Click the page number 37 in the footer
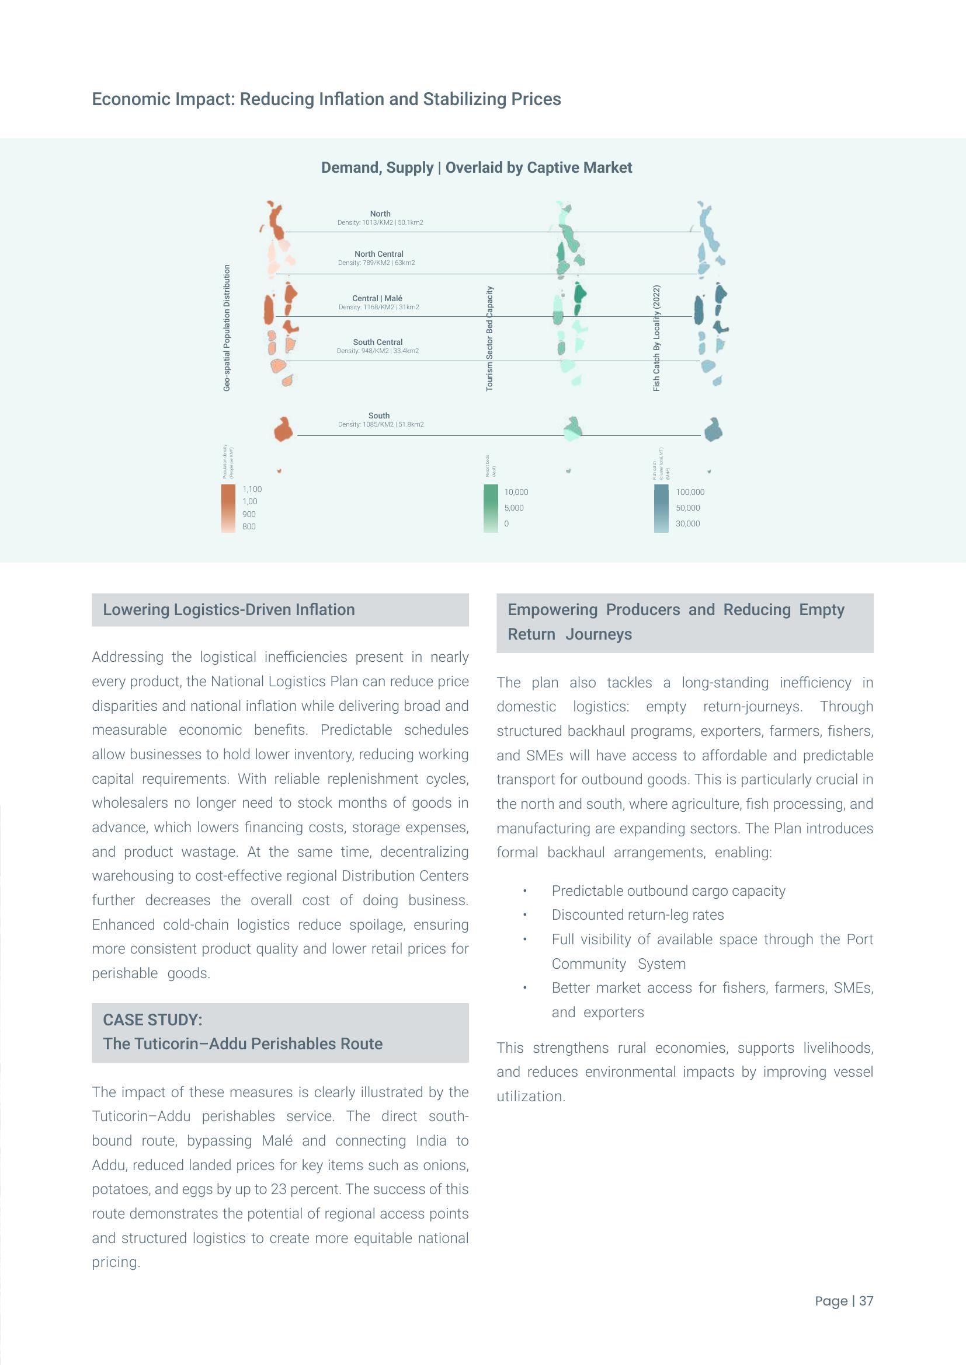pos(866,1301)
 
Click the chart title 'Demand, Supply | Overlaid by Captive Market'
pos(477,167)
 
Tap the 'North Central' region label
pos(379,254)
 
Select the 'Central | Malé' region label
pos(377,298)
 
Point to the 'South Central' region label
pos(378,342)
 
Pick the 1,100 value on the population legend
pos(252,489)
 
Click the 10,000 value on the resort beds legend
pos(516,493)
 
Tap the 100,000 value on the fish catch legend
pos(690,493)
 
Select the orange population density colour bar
pos(228,508)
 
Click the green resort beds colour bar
pos(491,508)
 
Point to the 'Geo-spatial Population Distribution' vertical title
pos(227,328)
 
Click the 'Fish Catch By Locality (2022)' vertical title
pos(656,338)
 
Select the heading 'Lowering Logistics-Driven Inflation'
pos(229,610)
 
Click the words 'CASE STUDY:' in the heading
pos(153,1020)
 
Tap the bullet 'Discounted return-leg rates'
pos(638,915)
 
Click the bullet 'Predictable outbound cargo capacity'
pos(668,891)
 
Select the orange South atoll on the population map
pos(283,429)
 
